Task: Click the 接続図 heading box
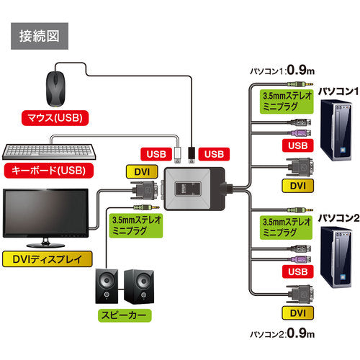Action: point(39,34)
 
